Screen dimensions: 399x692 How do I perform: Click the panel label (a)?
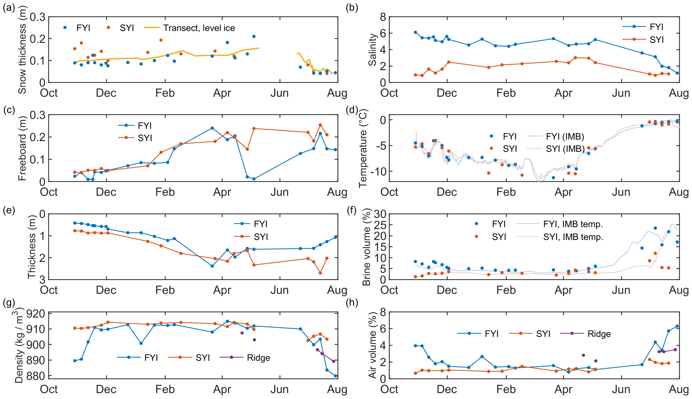(9, 8)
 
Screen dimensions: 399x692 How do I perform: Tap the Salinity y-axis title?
(372, 50)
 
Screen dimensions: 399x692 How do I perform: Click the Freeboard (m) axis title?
(22, 148)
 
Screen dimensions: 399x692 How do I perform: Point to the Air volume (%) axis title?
(372, 345)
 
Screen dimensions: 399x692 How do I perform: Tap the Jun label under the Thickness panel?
(280, 290)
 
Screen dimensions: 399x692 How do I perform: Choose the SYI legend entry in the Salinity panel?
(657, 40)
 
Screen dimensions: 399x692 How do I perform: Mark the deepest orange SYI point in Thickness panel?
(320, 273)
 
